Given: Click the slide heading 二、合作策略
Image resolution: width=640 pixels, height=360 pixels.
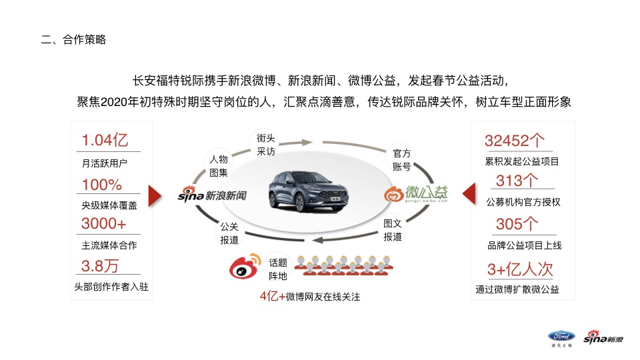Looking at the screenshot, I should [73, 40].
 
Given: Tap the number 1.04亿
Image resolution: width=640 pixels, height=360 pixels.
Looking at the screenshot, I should [105, 141].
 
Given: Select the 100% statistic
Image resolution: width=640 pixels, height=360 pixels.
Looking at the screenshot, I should [101, 185].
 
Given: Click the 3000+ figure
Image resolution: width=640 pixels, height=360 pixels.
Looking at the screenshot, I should [103, 223].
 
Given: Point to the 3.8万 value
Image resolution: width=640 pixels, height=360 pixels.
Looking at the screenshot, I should [100, 266].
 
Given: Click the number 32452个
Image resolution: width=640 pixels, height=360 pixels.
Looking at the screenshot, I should [515, 141].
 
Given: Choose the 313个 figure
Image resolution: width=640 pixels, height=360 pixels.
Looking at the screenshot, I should [517, 181].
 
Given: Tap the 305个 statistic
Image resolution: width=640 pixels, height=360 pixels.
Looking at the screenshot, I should [517, 223].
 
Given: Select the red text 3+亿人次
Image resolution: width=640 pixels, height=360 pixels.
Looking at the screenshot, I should [521, 269].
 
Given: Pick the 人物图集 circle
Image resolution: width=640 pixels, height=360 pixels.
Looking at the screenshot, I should [219, 165].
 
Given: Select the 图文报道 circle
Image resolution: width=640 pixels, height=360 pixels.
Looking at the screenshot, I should [393, 230].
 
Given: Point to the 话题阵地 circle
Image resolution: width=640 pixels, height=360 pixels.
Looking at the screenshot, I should [277, 269].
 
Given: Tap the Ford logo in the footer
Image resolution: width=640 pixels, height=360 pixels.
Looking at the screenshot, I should [558, 337].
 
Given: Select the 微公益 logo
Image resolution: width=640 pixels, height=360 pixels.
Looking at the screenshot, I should [416, 194].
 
